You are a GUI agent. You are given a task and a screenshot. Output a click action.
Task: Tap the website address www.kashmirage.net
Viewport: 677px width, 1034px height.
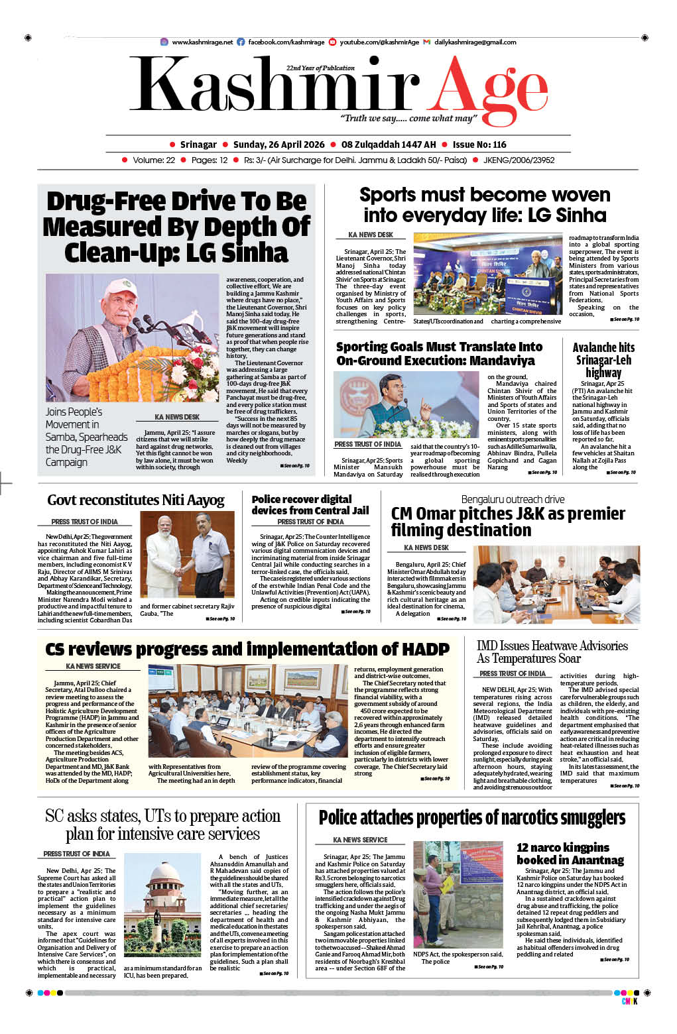pyautogui.click(x=202, y=42)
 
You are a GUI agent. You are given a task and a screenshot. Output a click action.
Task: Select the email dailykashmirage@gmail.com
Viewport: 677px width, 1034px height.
pyautogui.click(x=475, y=42)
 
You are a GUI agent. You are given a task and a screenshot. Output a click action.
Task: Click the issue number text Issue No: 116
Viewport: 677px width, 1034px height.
pyautogui.click(x=479, y=144)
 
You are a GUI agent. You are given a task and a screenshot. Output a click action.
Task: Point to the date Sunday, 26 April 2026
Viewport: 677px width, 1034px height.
pyautogui.click(x=278, y=144)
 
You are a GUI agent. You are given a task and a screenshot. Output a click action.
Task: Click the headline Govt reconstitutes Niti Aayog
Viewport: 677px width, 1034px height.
pyautogui.click(x=136, y=500)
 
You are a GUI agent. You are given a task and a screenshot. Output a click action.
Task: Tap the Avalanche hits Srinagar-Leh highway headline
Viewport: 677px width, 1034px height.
pyautogui.click(x=603, y=360)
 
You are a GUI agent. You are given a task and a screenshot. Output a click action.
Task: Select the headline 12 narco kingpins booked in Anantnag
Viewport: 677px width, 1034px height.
pyautogui.click(x=570, y=854)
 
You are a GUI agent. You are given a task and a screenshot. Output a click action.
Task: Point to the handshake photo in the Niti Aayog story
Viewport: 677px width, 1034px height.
pyautogui.click(x=186, y=555)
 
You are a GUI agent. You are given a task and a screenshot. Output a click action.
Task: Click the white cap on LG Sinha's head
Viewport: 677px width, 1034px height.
pyautogui.click(x=121, y=286)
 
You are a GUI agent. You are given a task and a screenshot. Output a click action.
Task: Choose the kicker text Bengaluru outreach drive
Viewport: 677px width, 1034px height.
pyautogui.click(x=513, y=499)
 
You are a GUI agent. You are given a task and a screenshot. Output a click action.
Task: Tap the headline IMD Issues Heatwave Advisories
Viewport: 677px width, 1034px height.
pyautogui.click(x=552, y=652)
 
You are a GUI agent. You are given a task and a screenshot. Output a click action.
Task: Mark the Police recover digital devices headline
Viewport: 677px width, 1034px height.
pyautogui.click(x=310, y=504)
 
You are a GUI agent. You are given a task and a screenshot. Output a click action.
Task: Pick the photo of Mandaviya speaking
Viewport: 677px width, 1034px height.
pyautogui.click(x=406, y=404)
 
